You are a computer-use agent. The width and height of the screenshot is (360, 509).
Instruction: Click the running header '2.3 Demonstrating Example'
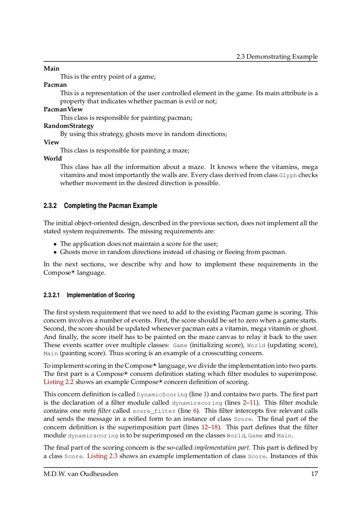pyautogui.click(x=277, y=57)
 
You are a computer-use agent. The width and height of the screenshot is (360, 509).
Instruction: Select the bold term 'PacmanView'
pyautogui.click(x=63, y=109)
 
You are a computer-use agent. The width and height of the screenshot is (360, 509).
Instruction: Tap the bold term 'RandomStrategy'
pyautogui.click(x=69, y=126)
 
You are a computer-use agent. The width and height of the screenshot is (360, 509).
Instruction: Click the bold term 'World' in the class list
pyautogui.click(x=52, y=158)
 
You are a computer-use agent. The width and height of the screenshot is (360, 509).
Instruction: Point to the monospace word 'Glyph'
pyautogui.click(x=288, y=175)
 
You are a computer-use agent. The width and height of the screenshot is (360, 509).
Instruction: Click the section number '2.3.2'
pyautogui.click(x=50, y=206)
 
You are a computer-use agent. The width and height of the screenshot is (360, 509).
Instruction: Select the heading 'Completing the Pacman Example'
pyautogui.click(x=110, y=206)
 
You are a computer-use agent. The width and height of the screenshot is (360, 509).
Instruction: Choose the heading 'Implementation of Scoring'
pyautogui.click(x=101, y=295)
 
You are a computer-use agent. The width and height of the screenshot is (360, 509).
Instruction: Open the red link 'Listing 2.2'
pyautogui.click(x=58, y=382)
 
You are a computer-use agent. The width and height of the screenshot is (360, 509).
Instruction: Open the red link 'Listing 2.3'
pyautogui.click(x=102, y=456)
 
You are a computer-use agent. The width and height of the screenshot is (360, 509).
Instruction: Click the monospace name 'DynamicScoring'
pyautogui.click(x=162, y=394)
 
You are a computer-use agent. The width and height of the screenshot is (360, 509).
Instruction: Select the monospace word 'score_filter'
pyautogui.click(x=154, y=411)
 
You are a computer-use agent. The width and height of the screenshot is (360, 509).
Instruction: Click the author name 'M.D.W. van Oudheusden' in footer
pyautogui.click(x=81, y=474)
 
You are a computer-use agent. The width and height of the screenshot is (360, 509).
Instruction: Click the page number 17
pyautogui.click(x=314, y=474)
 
